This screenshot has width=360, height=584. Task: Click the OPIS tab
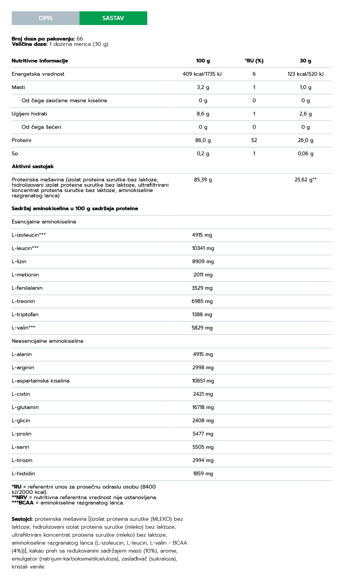(x=45, y=18)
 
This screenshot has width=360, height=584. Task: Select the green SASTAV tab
(x=113, y=18)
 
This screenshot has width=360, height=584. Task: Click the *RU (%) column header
(x=254, y=61)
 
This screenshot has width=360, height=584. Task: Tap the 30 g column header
(x=305, y=61)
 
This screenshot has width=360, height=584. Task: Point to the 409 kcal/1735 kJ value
(x=202, y=74)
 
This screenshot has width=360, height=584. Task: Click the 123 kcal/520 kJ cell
(x=305, y=74)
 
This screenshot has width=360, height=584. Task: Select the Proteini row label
(x=22, y=141)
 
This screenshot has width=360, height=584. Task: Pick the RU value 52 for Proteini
(x=254, y=141)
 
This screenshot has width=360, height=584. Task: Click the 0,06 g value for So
(x=305, y=154)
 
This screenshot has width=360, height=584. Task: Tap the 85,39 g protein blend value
(x=203, y=180)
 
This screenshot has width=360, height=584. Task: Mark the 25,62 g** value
(x=305, y=180)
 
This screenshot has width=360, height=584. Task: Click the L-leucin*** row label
(x=25, y=248)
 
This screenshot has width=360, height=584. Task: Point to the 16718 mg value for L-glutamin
(x=203, y=408)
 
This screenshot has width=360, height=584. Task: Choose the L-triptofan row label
(x=25, y=315)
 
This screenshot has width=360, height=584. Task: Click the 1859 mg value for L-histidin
(x=203, y=474)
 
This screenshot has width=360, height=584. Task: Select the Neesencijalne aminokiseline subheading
(x=47, y=341)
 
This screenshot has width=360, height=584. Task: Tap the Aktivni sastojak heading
(x=33, y=167)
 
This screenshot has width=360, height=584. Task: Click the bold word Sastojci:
(x=22, y=519)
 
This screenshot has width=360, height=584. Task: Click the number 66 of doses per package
(x=79, y=39)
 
